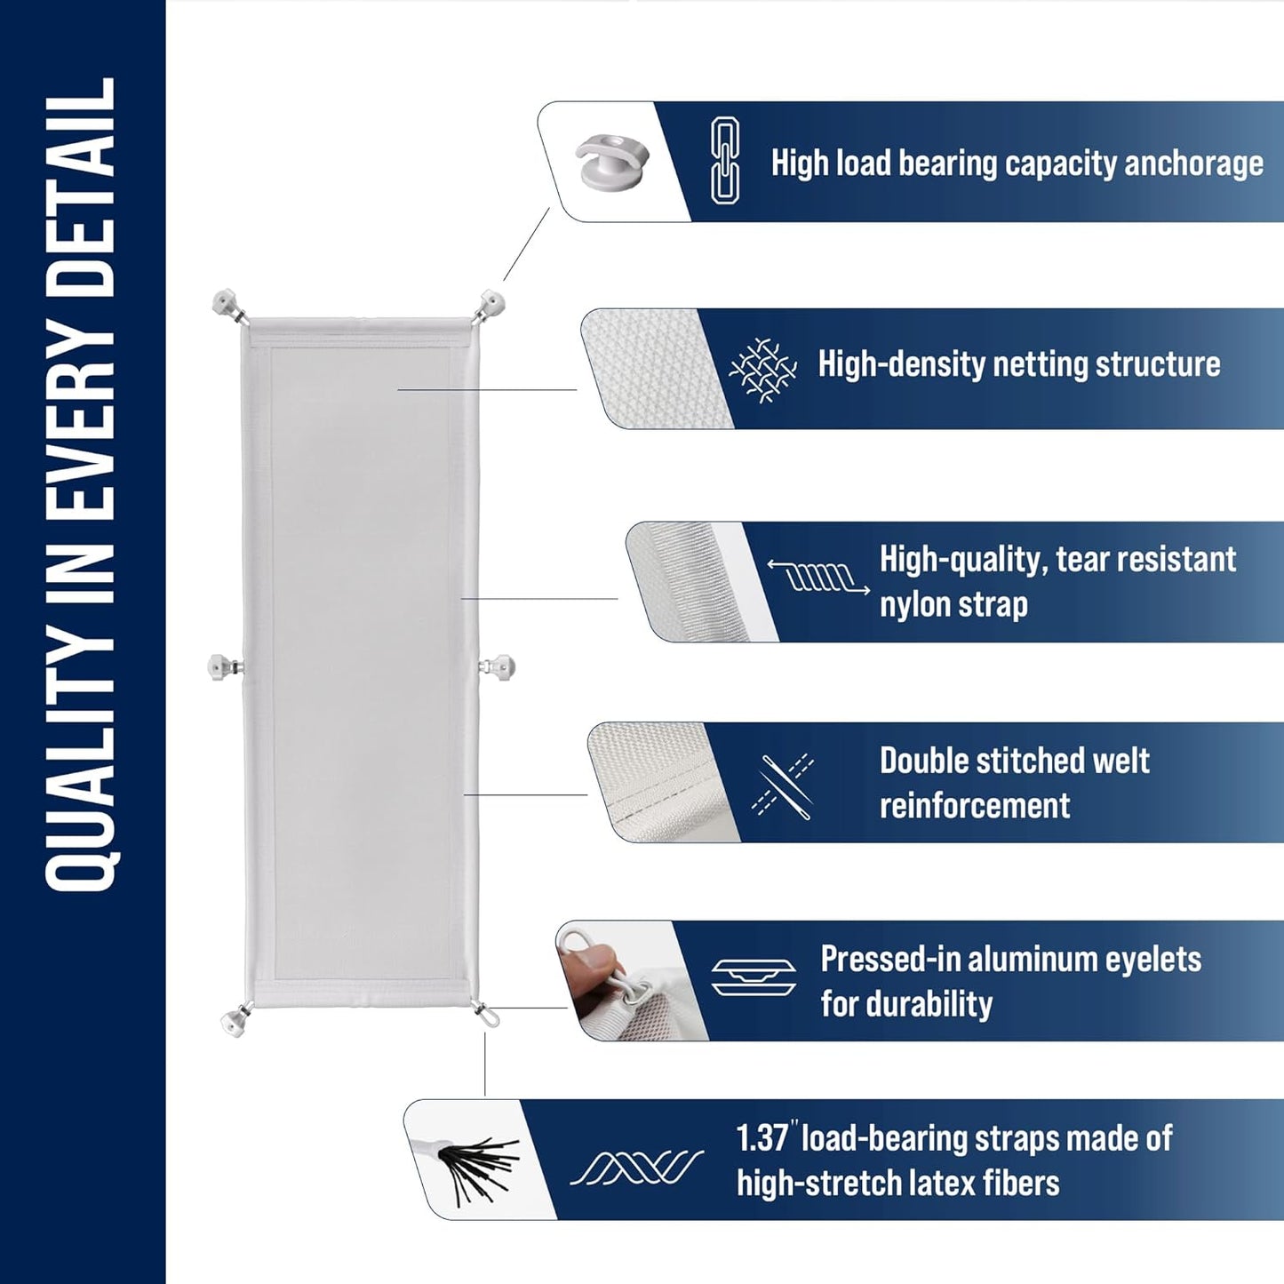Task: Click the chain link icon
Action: tap(725, 161)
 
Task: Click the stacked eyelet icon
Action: tap(753, 978)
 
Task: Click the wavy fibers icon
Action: tap(636, 1167)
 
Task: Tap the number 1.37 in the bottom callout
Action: tap(763, 1138)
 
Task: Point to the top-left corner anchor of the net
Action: tap(228, 305)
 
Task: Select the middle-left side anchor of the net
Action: tap(222, 666)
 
